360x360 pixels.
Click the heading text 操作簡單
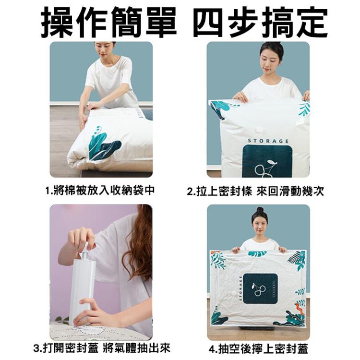[108, 22]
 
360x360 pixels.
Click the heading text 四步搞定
[260, 22]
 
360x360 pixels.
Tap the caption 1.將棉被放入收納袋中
[100, 191]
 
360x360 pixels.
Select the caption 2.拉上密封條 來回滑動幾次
[255, 192]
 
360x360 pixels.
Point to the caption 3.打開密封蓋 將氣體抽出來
[102, 348]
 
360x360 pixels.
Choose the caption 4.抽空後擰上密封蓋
[258, 348]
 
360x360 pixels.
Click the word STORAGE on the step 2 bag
[268, 141]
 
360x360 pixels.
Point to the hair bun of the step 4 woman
[260, 210]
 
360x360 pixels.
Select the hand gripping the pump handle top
[81, 238]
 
